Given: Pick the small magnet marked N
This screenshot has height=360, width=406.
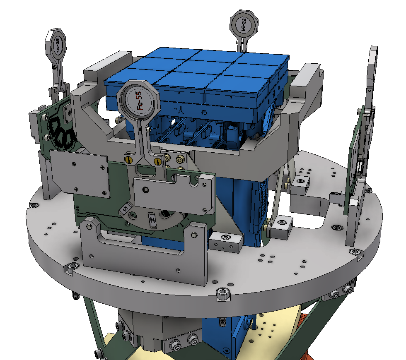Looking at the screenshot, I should [152, 219].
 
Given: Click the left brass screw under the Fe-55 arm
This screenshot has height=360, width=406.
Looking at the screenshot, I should [129, 159].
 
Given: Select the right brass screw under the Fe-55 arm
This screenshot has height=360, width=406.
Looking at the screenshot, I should [157, 161].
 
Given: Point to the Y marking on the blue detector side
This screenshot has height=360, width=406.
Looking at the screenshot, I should [181, 110].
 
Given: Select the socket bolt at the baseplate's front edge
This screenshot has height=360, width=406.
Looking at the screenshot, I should [222, 295].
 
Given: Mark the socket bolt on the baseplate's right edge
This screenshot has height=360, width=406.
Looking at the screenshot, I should [355, 252].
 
